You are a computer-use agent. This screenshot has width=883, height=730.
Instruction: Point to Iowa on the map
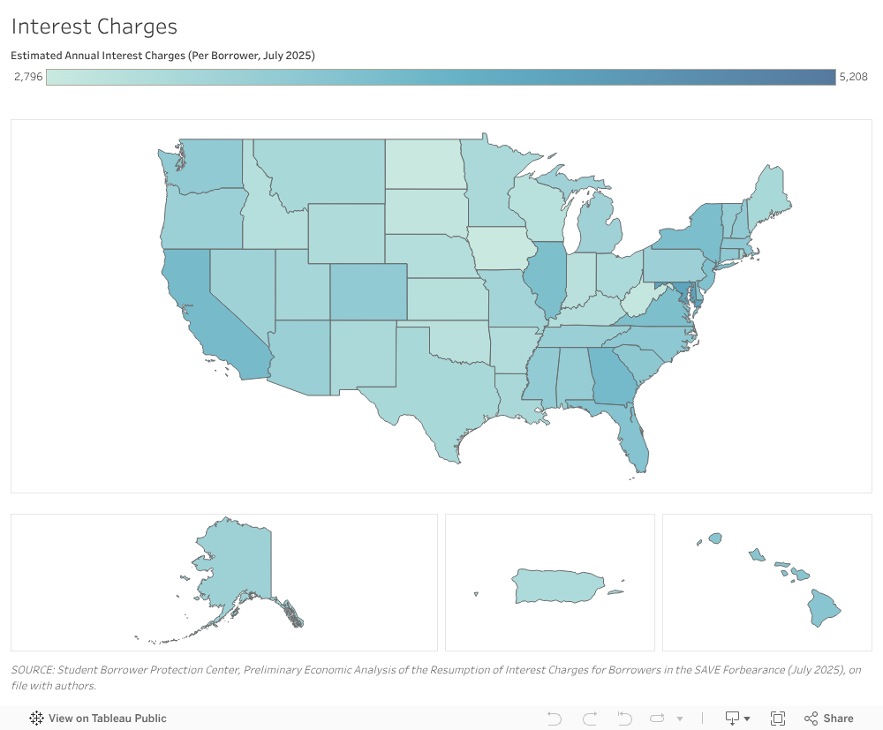(499, 250)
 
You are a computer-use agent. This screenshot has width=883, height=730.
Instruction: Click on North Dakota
(424, 164)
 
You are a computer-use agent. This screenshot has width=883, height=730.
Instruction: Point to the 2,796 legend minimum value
(28, 77)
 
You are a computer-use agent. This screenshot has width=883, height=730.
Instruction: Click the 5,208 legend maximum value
(854, 77)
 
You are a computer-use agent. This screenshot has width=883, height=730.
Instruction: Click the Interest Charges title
(94, 26)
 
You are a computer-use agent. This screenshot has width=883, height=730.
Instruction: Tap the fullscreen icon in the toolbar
(778, 719)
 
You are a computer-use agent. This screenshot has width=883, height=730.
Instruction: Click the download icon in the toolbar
(733, 719)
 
